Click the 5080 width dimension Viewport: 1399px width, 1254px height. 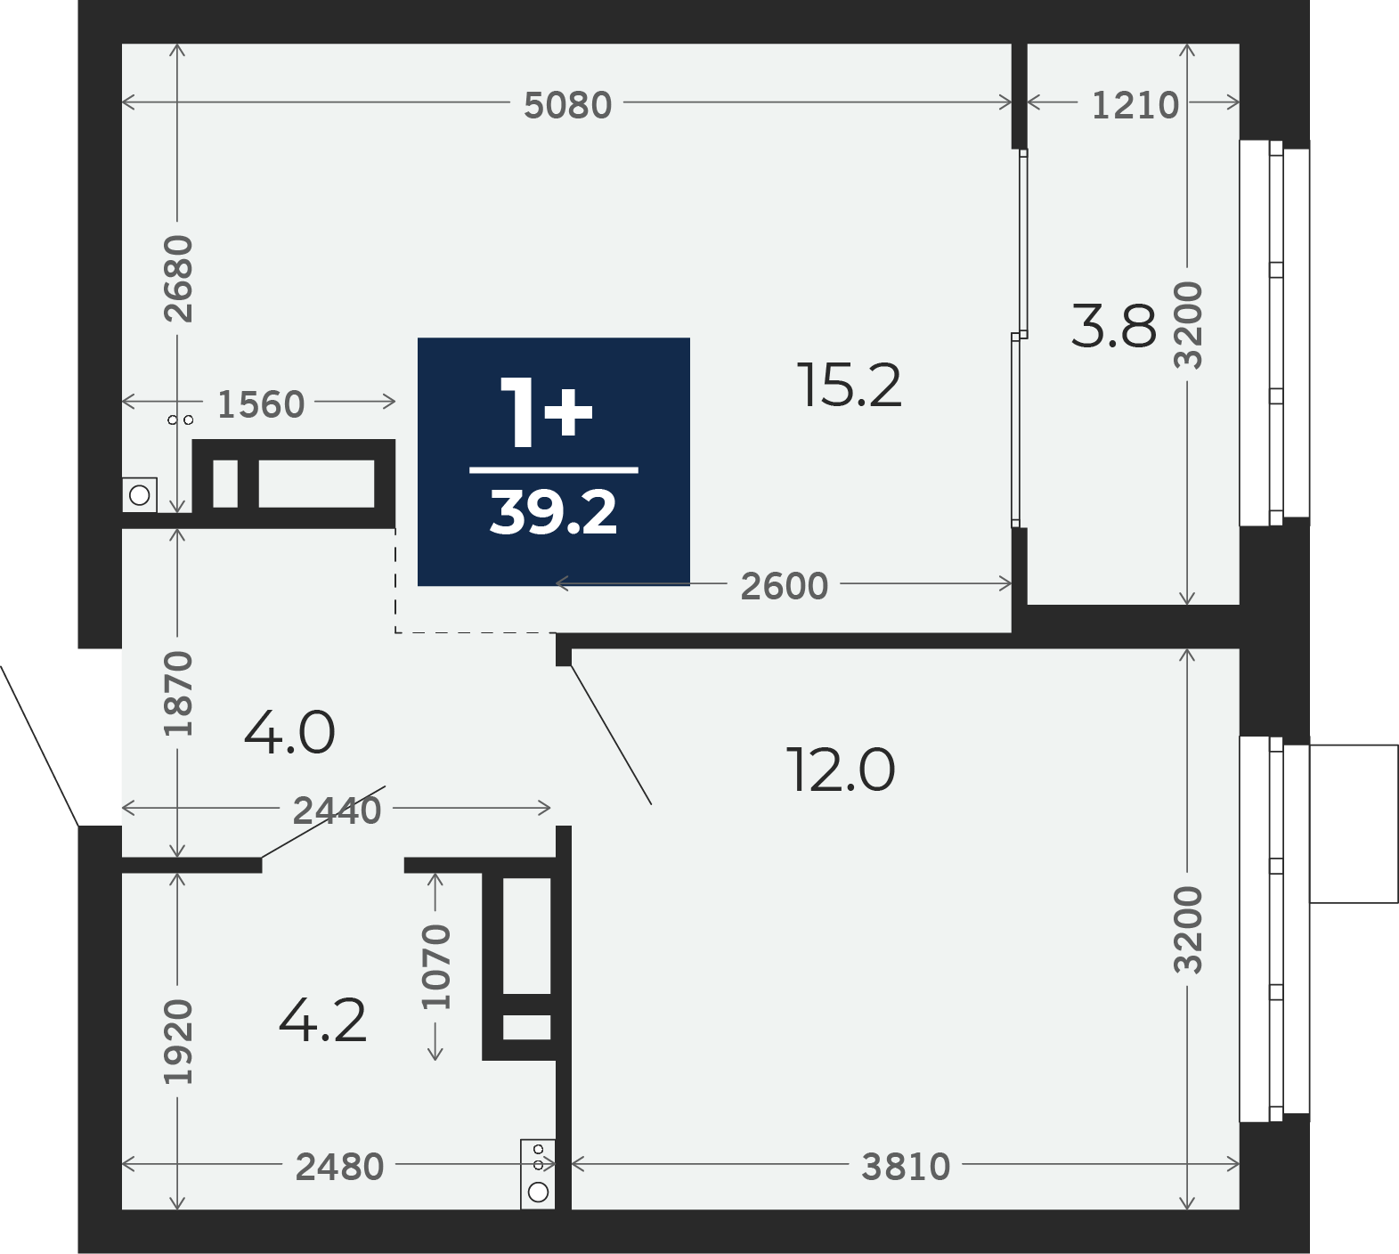567,105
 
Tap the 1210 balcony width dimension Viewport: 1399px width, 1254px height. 1135,105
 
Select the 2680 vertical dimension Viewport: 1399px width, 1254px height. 179,278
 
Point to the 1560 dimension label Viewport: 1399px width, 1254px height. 261,404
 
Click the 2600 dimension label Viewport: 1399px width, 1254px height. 785,586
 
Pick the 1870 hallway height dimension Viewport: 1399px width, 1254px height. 179,694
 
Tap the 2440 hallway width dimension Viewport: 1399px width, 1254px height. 338,810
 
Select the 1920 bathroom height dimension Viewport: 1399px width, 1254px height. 179,1041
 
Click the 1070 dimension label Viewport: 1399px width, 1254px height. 436,966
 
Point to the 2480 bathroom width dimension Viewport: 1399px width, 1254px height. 339,1167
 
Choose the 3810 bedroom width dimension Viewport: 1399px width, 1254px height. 906,1167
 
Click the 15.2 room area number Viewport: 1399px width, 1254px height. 850,386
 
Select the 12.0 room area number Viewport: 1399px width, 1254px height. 841,770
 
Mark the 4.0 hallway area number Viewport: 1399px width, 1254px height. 289,733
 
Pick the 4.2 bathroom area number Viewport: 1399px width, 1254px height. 322,1022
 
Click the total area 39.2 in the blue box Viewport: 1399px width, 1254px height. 553,513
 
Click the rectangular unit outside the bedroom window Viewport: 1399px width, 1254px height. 1354,824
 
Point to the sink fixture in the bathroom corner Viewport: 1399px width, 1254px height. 538,1175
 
